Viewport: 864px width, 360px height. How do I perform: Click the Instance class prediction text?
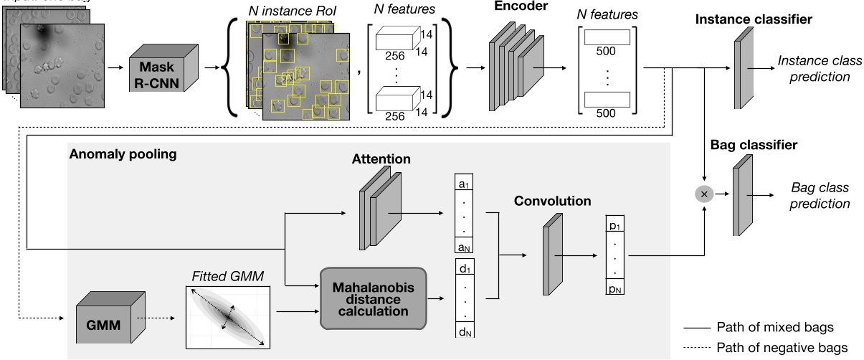pyautogui.click(x=813, y=70)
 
